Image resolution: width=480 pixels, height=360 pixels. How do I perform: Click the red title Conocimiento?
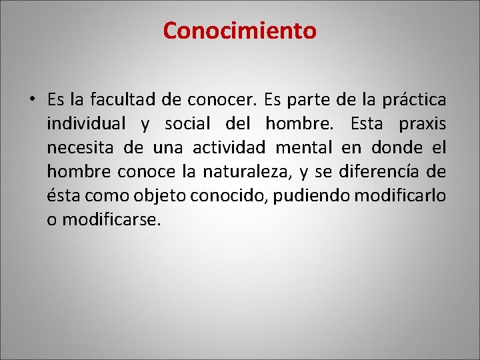[240, 31]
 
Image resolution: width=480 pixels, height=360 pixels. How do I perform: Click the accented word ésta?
[64, 196]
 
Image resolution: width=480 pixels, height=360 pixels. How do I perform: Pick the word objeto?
[161, 196]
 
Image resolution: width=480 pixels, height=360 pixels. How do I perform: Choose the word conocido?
[227, 196]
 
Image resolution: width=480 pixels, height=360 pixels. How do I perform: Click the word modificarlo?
[392, 196]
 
